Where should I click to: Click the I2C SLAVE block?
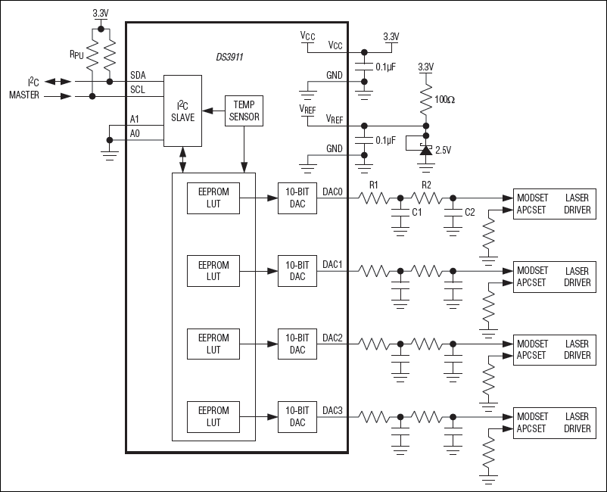(x=182, y=111)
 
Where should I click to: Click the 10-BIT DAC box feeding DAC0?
(x=297, y=198)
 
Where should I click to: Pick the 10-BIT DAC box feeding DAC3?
(x=297, y=416)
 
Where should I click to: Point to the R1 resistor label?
(x=373, y=184)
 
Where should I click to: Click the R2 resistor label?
(x=426, y=184)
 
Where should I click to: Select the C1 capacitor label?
(x=417, y=213)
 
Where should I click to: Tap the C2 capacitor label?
(x=471, y=213)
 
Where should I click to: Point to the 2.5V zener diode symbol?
(x=425, y=150)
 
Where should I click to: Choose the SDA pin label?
(x=138, y=75)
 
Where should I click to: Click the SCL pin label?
(x=138, y=89)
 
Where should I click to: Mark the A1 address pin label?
(x=135, y=119)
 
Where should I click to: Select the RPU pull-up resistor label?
(x=76, y=54)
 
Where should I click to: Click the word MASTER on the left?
(x=25, y=95)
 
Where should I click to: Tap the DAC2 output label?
(x=333, y=337)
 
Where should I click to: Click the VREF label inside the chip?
(x=335, y=119)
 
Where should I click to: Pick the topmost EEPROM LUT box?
(x=213, y=198)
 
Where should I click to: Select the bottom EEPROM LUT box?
(x=213, y=416)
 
